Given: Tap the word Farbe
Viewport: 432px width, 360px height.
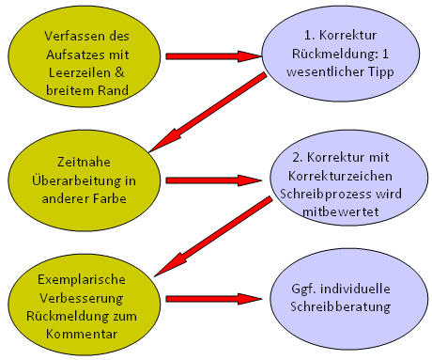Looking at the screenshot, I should [111, 197].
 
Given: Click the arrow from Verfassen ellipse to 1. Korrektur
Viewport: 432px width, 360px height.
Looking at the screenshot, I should [211, 55].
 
